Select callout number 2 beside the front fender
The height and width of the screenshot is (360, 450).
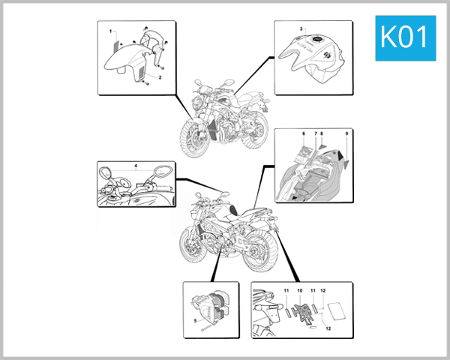(159, 76)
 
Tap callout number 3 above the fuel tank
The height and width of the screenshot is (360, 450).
(301, 29)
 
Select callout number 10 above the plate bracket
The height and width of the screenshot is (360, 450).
(300, 289)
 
